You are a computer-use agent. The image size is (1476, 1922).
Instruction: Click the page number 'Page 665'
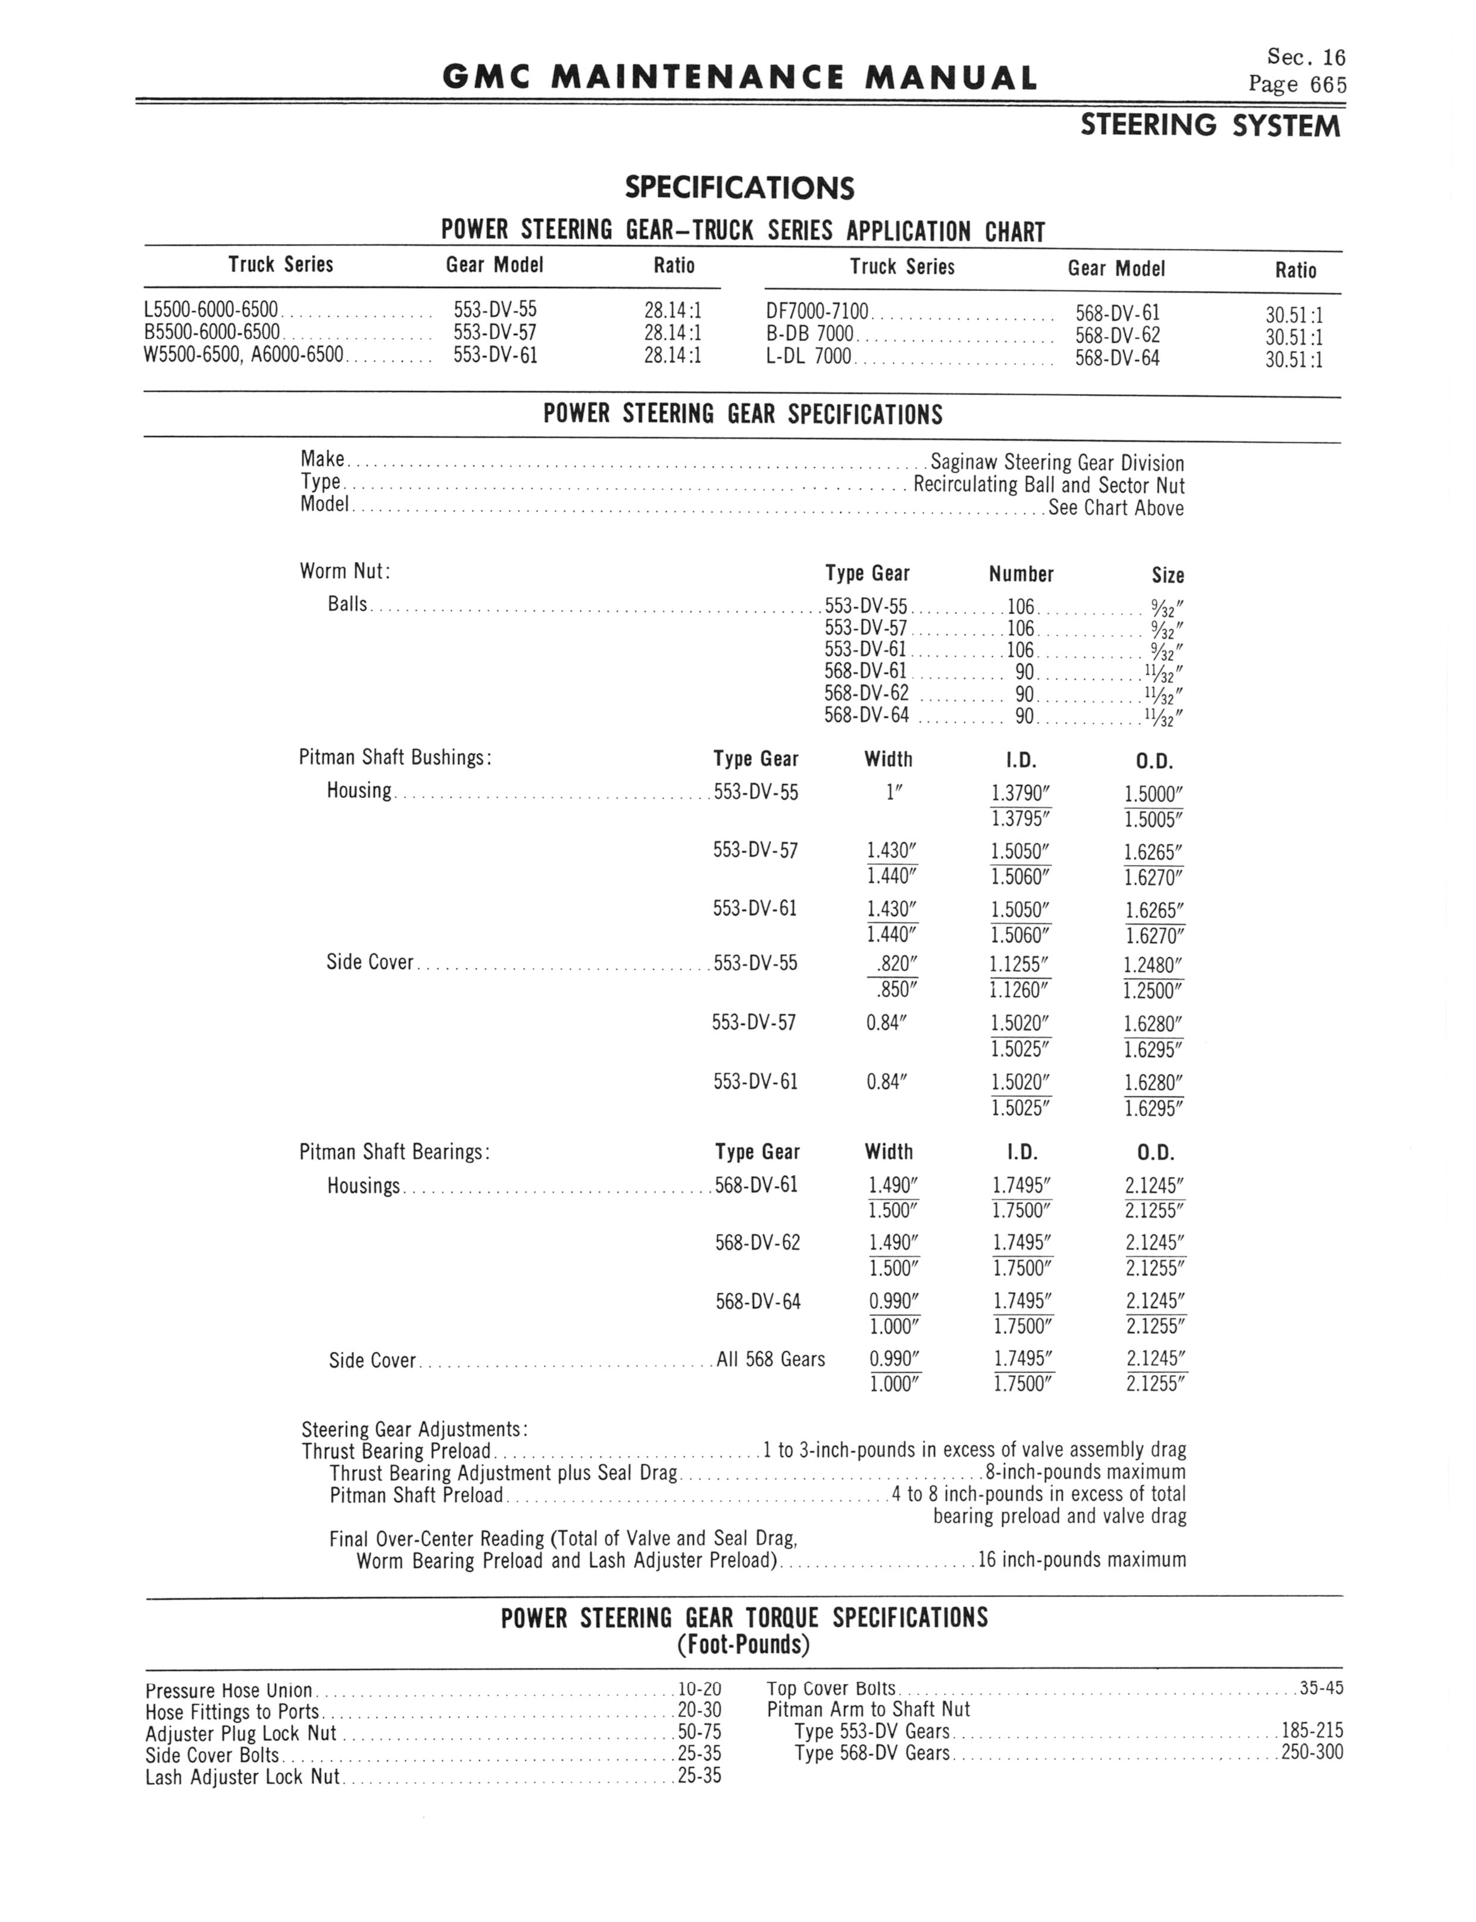pyautogui.click(x=1297, y=85)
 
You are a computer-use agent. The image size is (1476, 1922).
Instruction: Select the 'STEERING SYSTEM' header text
pyautogui.click(x=1211, y=127)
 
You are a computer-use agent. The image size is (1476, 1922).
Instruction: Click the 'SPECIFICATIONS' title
pyautogui.click(x=739, y=188)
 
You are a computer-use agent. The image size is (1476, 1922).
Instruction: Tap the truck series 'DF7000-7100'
pyautogui.click(x=817, y=312)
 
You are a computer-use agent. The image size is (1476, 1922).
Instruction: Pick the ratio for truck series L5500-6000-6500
pyautogui.click(x=672, y=310)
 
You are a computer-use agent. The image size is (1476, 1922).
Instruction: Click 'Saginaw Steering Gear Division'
pyautogui.click(x=1057, y=463)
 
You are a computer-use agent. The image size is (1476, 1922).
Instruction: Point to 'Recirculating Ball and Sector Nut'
pyautogui.click(x=1049, y=485)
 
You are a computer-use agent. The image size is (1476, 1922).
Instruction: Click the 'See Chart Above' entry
pyautogui.click(x=1116, y=508)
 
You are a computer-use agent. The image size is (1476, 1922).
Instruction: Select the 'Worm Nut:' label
pyautogui.click(x=345, y=571)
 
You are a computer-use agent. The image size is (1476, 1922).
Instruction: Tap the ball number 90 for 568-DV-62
pyautogui.click(x=1024, y=694)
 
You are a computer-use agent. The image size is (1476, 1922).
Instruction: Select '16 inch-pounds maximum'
pyautogui.click(x=1081, y=1560)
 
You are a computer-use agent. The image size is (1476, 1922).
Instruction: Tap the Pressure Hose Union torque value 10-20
pyautogui.click(x=699, y=1689)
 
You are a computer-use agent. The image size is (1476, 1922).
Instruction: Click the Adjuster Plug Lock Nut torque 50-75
pyautogui.click(x=699, y=1733)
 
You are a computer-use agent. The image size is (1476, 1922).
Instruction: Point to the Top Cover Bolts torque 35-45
pyautogui.click(x=1321, y=1687)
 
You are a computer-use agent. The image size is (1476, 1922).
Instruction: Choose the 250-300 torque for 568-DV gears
pyautogui.click(x=1312, y=1752)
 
